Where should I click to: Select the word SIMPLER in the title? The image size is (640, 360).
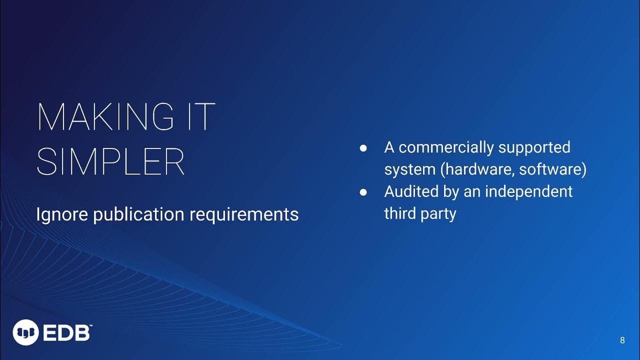111,161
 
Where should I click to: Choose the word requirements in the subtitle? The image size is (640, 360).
244,214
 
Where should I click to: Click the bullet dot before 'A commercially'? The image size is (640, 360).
363,148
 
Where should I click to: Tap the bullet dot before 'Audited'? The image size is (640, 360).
363,192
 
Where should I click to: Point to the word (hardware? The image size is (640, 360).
477,169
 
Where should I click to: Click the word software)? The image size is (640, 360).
552,169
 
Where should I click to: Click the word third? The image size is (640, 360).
398,213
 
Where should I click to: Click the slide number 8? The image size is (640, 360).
622,340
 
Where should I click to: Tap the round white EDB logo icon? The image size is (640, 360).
25,332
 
